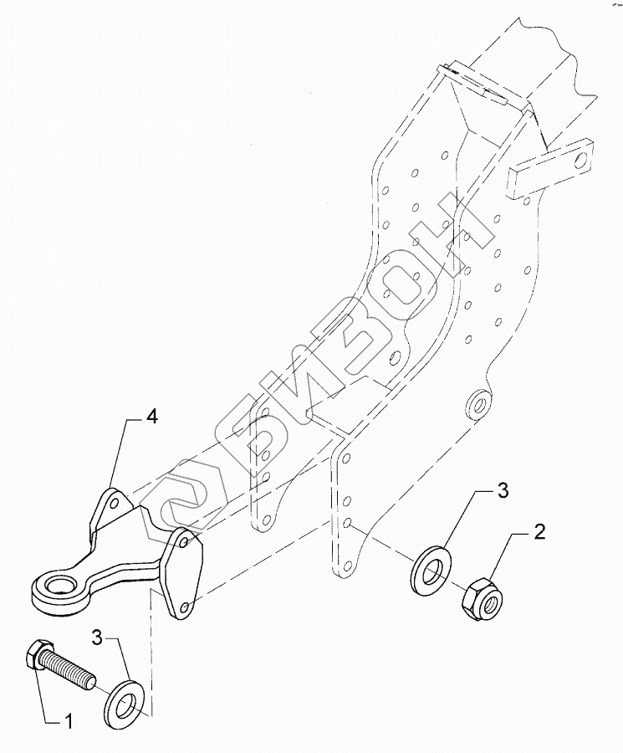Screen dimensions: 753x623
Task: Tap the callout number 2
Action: pos(540,530)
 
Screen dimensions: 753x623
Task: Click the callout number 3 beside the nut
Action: pos(503,491)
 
